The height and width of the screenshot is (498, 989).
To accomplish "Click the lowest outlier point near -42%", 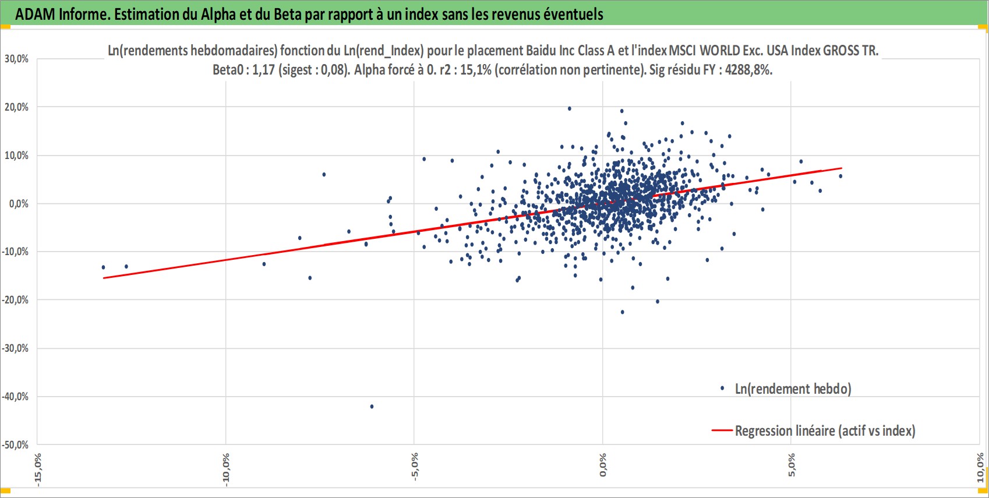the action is tap(372, 406).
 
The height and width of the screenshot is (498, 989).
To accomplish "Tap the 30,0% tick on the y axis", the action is tap(16, 59).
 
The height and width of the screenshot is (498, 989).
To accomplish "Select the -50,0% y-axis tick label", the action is tap(15, 445).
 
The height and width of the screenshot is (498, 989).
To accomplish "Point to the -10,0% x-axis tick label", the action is tap(226, 469).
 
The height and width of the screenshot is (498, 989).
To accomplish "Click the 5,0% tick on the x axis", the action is tap(791, 465).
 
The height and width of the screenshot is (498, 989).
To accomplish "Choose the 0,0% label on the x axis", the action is tap(603, 465).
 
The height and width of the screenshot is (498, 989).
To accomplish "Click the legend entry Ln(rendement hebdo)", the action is tap(785, 389).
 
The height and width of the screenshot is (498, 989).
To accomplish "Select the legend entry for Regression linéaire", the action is tap(813, 431).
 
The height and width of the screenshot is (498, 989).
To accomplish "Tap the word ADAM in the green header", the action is tap(36, 15).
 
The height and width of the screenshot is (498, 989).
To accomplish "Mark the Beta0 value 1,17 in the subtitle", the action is tap(264, 70).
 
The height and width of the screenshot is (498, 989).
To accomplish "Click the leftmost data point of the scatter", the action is tap(103, 267).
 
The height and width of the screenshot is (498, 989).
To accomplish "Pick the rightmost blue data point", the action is tap(840, 176).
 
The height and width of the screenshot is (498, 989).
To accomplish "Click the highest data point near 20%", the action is tap(570, 108).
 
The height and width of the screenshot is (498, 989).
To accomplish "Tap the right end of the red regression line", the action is tap(842, 168).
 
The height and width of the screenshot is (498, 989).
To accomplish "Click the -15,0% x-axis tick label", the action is tap(38, 469).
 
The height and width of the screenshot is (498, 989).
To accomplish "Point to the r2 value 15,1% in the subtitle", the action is tap(476, 70).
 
